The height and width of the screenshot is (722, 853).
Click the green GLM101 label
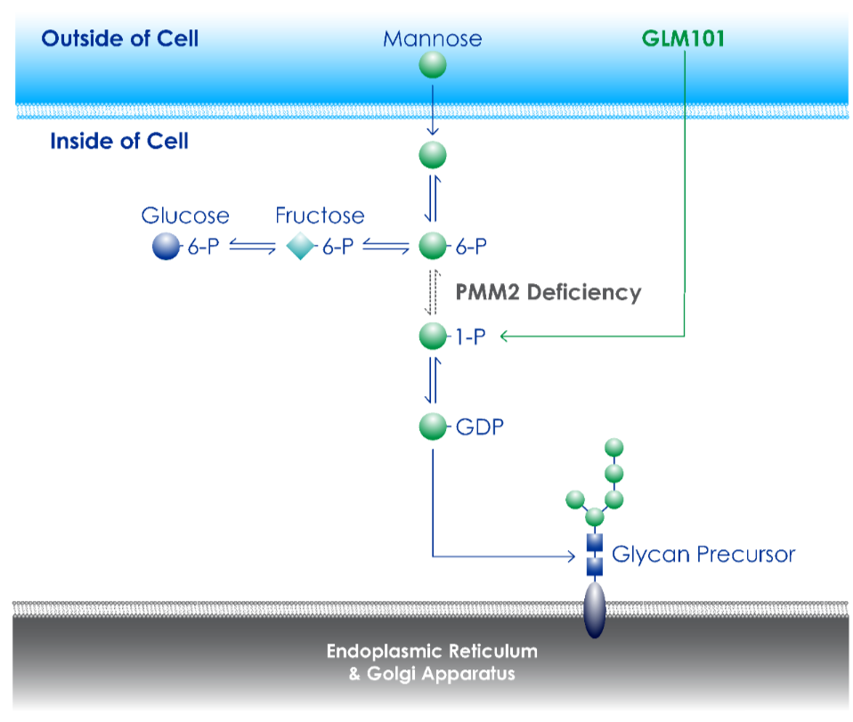[683, 38]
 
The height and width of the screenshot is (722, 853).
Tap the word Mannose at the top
[433, 38]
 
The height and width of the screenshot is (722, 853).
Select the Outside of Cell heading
[119, 38]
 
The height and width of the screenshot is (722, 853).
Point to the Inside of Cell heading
[119, 141]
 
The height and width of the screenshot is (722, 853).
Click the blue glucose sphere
[166, 246]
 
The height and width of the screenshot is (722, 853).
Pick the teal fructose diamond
[300, 246]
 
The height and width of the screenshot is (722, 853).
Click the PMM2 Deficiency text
[548, 292]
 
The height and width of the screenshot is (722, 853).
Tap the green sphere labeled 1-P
[433, 337]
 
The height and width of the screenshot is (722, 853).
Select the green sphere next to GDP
[433, 426]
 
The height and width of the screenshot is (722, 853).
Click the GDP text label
[479, 426]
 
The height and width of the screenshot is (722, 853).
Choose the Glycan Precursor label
[703, 555]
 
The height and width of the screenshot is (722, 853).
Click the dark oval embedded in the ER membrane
[595, 610]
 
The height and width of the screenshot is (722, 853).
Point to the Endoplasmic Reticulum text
[432, 652]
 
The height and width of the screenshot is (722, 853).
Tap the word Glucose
[185, 215]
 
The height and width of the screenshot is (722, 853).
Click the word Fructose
[320, 215]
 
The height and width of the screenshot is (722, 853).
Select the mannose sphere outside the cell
[433, 65]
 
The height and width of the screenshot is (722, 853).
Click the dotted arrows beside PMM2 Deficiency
[433, 293]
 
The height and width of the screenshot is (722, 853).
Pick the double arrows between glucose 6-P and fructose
[252, 247]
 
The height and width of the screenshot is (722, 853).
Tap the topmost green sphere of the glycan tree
[614, 447]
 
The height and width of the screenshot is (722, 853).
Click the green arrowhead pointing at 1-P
[504, 337]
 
